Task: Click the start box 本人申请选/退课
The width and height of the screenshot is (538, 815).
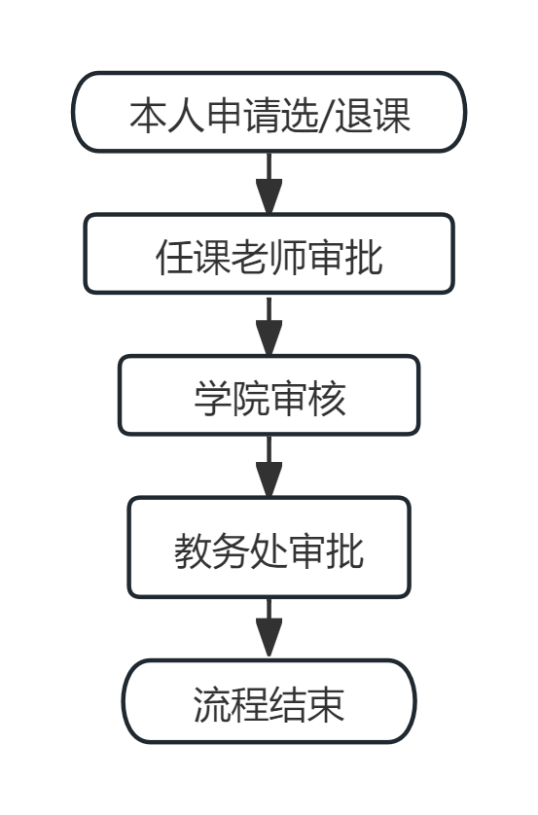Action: tap(269, 112)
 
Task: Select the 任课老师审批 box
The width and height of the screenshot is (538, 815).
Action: tap(269, 254)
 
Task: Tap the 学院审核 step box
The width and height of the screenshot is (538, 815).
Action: tap(269, 395)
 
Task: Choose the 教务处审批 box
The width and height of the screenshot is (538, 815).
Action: tap(269, 548)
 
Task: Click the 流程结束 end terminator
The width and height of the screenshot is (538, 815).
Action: tap(269, 701)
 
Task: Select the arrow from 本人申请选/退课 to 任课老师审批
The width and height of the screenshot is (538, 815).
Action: tap(269, 183)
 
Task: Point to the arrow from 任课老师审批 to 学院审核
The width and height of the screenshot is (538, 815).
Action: tap(269, 326)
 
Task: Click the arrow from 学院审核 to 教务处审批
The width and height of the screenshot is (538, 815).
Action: tap(269, 466)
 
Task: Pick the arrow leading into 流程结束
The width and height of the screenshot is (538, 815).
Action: tap(269, 628)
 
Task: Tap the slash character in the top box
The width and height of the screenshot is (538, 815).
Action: tap(327, 116)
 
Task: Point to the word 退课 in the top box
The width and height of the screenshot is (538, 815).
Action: tap(373, 116)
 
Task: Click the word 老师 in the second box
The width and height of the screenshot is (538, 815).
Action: tap(269, 257)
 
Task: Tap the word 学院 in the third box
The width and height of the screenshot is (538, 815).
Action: tap(232, 399)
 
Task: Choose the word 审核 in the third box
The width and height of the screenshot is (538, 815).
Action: tap(308, 399)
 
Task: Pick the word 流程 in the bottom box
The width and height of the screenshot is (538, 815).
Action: tap(231, 705)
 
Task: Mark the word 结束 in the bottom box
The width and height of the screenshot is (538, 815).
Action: tap(306, 705)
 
